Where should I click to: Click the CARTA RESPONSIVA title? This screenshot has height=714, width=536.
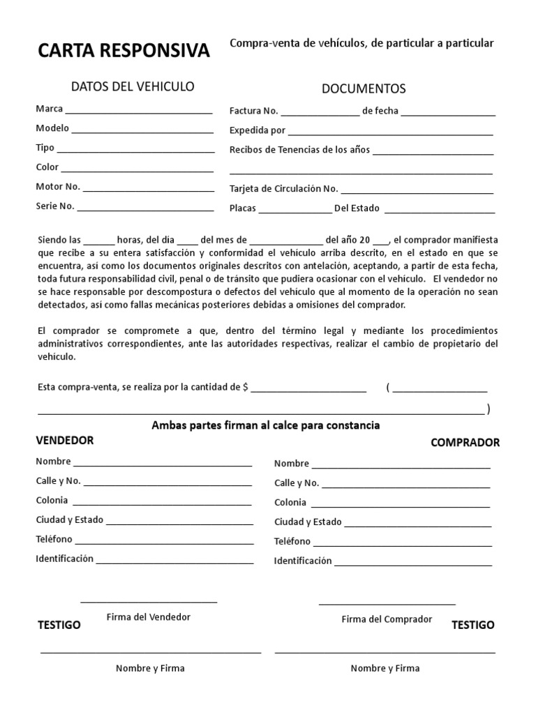123,51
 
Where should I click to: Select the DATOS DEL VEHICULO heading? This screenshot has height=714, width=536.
133,86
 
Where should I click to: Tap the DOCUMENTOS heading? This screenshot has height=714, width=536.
363,89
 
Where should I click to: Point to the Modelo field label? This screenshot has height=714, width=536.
52,128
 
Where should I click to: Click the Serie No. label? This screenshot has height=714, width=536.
54,206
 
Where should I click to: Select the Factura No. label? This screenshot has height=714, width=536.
254,111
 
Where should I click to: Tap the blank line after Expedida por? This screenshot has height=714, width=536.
390,132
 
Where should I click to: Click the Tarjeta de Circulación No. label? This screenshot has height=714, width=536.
283,188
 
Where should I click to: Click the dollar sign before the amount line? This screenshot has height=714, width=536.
246,388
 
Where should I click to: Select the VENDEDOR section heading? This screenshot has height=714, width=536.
65,441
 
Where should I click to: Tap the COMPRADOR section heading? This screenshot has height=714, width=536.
465,443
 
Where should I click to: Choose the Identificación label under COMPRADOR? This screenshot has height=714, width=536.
302,561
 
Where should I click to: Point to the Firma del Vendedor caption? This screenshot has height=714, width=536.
148,617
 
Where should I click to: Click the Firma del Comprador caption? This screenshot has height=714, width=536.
387,619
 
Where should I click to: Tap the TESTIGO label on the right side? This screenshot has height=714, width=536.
472,625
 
